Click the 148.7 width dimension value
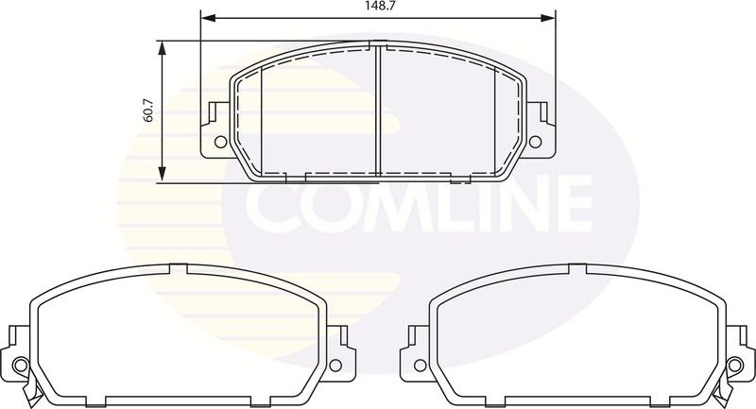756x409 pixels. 377,7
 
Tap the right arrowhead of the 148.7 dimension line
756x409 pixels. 548,17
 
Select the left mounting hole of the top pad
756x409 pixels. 220,143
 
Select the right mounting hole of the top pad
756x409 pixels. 535,143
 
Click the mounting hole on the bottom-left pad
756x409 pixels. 22,364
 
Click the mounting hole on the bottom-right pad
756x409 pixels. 733,364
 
